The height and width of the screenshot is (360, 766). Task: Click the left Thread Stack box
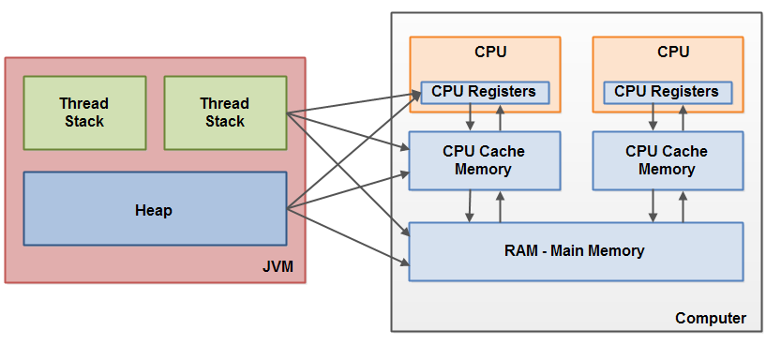pyautogui.click(x=84, y=112)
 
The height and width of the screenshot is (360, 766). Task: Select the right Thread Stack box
pyautogui.click(x=225, y=112)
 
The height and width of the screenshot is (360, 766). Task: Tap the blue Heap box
pyautogui.click(x=155, y=209)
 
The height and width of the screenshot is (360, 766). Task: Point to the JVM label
pyautogui.click(x=278, y=268)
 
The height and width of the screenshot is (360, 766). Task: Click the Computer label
pyautogui.click(x=711, y=319)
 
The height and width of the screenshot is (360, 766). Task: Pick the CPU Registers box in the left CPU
pyautogui.click(x=485, y=92)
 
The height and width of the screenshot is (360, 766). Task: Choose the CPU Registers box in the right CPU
pyautogui.click(x=668, y=92)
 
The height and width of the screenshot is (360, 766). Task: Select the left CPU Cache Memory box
pyautogui.click(x=484, y=160)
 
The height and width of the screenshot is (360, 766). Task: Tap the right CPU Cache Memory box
pyautogui.click(x=668, y=160)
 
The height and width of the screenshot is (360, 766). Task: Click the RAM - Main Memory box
pyautogui.click(x=576, y=251)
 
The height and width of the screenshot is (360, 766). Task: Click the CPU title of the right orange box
pyautogui.click(x=673, y=52)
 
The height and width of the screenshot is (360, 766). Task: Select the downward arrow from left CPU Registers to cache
pyautogui.click(x=470, y=117)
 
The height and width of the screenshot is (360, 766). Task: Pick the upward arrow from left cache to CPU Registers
pyautogui.click(x=501, y=117)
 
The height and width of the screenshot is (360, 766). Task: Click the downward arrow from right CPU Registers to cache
pyautogui.click(x=653, y=117)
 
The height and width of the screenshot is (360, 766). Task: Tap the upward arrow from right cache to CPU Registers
pyautogui.click(x=684, y=117)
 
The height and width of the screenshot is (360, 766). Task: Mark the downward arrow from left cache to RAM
pyautogui.click(x=470, y=206)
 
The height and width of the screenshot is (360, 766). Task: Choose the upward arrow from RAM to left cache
pyautogui.click(x=501, y=206)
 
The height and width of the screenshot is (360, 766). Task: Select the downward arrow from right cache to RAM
pyautogui.click(x=653, y=206)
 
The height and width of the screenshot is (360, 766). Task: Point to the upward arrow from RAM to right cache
pyautogui.click(x=684, y=206)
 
